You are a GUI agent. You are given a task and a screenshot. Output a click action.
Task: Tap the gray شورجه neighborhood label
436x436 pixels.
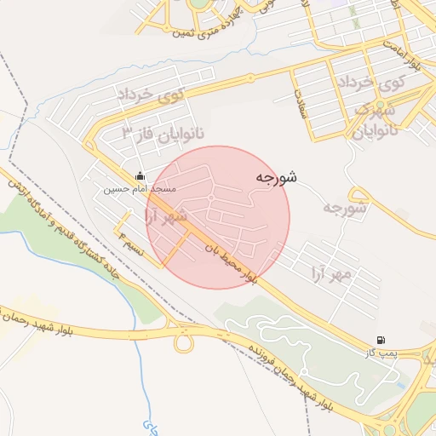pyautogui.click(x=345, y=207)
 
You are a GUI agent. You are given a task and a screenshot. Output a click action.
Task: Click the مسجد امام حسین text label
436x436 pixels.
pyautogui.click(x=140, y=188)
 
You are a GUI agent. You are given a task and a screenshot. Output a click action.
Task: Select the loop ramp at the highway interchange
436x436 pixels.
pyautogui.click(x=183, y=341)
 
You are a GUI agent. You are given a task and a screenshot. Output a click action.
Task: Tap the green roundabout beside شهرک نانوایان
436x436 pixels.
pyautogui.click(x=422, y=112)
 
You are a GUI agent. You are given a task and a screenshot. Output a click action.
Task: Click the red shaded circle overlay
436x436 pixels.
pyautogui.click(x=218, y=217)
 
